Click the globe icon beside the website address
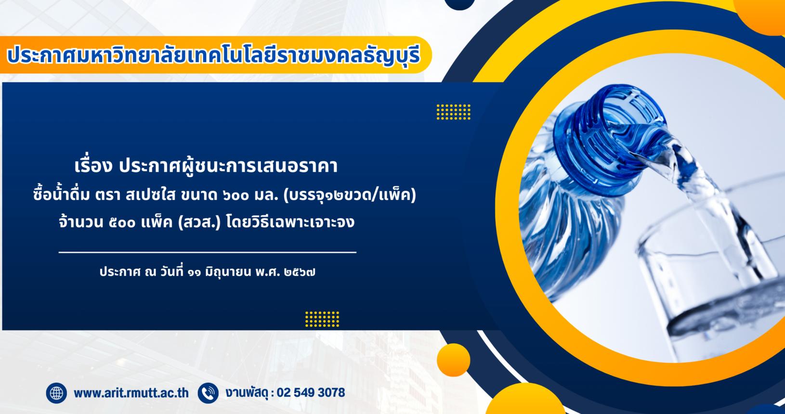pyautogui.click(x=56, y=393)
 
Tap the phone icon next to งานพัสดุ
pyautogui.click(x=208, y=393)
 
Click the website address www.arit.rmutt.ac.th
pyautogui.click(x=131, y=393)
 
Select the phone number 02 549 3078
pyautogui.click(x=311, y=393)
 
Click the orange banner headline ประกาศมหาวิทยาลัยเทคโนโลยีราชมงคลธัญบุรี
pyautogui.click(x=213, y=56)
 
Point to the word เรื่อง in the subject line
pyautogui.click(x=93, y=165)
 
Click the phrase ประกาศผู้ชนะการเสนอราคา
pyautogui.click(x=228, y=165)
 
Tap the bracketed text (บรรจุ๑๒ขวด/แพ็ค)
pyautogui.click(x=350, y=195)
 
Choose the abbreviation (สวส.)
pyautogui.click(x=199, y=222)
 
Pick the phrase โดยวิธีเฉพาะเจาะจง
pyautogui.click(x=290, y=222)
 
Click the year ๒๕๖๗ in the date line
pyautogui.click(x=300, y=272)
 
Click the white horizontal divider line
pyautogui.click(x=208, y=252)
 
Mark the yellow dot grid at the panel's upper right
pyautogui.click(x=454, y=112)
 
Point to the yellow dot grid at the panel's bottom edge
pyautogui.click(x=322, y=319)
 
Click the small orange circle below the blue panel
pyautogui.click(x=454, y=360)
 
